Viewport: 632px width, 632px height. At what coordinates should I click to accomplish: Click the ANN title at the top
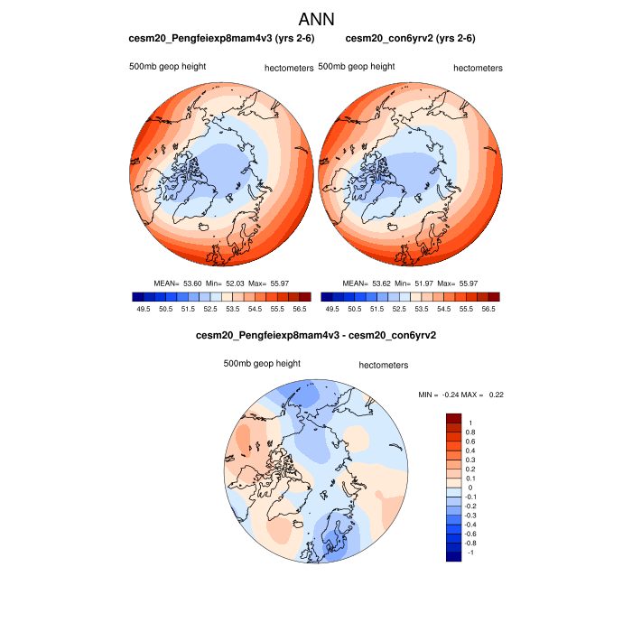click(x=316, y=19)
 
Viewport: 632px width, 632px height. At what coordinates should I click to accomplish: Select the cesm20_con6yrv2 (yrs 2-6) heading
click(x=411, y=39)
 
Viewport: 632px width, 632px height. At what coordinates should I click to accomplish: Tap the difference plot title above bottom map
click(x=316, y=336)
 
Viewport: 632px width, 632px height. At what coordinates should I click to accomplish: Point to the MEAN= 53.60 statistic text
click(x=178, y=283)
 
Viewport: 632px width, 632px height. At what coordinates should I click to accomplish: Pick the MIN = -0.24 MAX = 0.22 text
click(x=461, y=395)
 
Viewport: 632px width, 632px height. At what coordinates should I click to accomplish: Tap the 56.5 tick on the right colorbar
click(x=488, y=309)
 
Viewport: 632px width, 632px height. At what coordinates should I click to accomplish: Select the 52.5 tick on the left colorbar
click(x=209, y=309)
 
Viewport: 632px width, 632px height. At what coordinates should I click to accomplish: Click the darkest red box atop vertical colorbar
click(x=454, y=418)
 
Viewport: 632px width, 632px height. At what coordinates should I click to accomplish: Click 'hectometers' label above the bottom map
click(x=383, y=366)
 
